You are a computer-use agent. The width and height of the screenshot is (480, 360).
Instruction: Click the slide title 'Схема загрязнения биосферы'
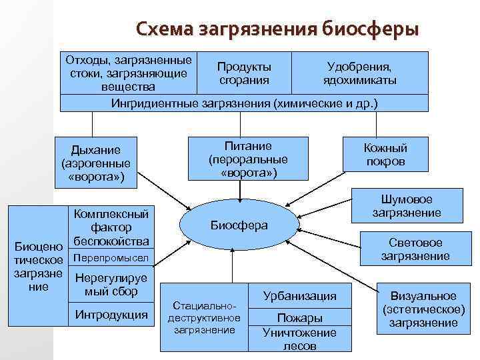(277, 31)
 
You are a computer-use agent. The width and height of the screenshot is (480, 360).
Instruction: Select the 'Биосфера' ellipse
(239, 225)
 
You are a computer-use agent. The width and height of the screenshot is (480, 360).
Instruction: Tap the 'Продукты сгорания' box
(244, 73)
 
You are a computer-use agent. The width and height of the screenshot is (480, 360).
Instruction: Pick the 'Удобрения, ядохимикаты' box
(359, 73)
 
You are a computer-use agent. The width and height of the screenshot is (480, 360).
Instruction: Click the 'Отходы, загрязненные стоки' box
(128, 73)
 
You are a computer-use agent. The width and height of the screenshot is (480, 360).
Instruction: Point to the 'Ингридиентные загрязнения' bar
(244, 103)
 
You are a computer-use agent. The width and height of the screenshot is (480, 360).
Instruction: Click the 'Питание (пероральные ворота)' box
(248, 159)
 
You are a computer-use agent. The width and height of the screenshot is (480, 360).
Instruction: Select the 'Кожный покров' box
(385, 155)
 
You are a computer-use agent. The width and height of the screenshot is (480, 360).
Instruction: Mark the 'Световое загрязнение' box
(415, 249)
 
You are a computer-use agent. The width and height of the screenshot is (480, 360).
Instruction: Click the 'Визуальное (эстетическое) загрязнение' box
(423, 309)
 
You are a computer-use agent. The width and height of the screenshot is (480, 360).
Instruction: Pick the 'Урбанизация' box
(299, 295)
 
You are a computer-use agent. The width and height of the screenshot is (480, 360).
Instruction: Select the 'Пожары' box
(299, 317)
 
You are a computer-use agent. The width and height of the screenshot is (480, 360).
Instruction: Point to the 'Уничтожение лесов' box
(299, 339)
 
